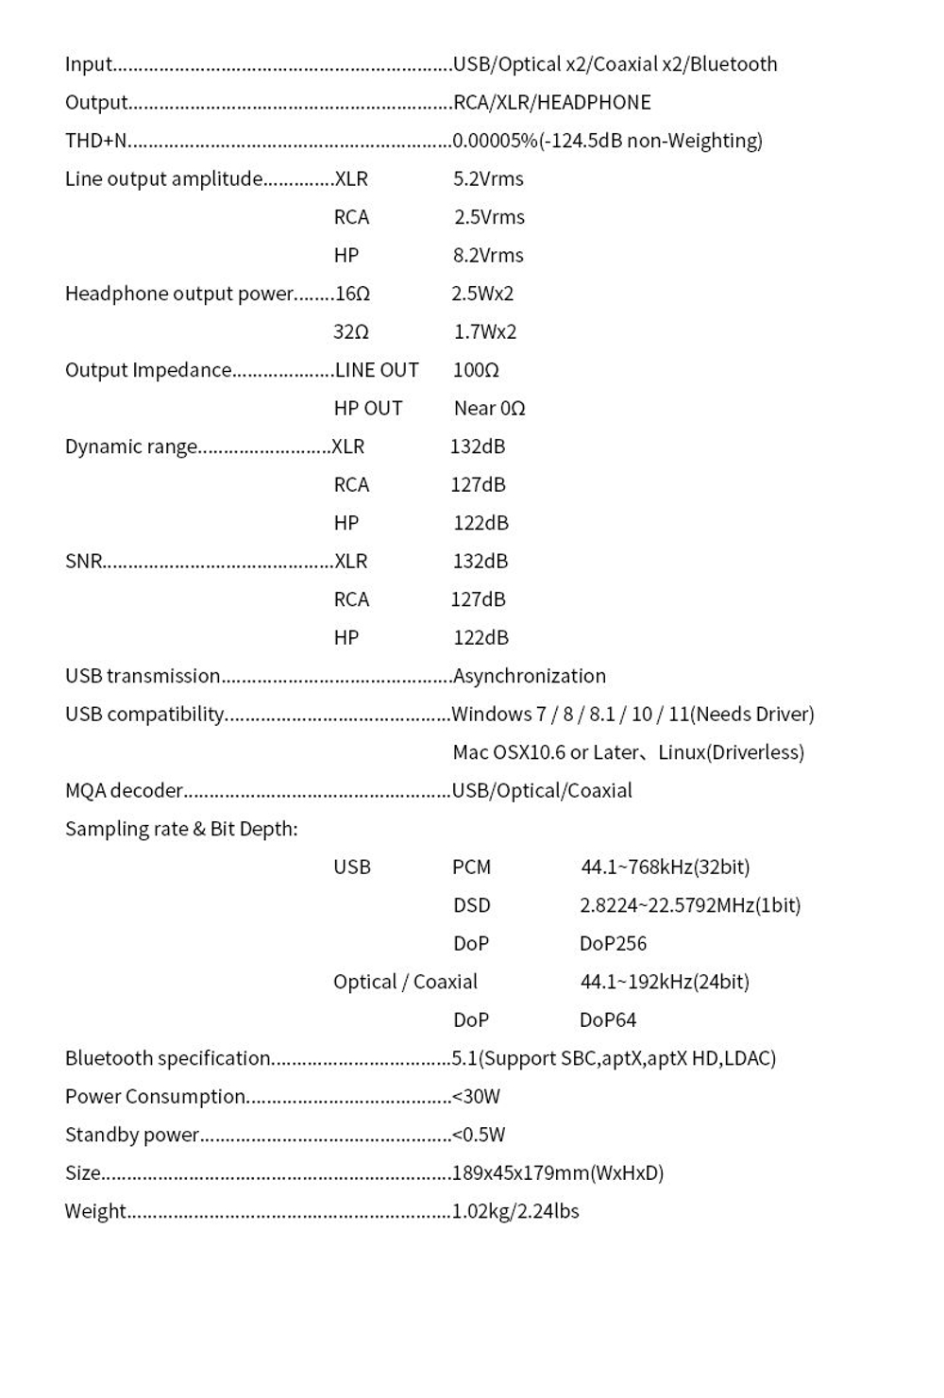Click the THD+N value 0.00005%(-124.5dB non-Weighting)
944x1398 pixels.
coord(607,141)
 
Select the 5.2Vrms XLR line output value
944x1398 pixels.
coord(488,179)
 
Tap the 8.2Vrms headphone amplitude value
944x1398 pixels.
coord(488,256)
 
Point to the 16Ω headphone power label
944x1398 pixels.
coord(352,295)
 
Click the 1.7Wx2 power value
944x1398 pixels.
coord(485,332)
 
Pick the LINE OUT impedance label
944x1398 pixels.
coord(377,371)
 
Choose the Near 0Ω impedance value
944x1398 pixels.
coord(489,409)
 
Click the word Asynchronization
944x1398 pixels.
coord(530,676)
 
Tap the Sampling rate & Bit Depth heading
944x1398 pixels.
coord(181,829)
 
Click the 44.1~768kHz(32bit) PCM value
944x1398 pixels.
coord(665,867)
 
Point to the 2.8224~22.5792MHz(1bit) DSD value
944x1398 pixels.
coord(690,905)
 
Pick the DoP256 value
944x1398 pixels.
coord(613,944)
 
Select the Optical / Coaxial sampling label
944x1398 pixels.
coord(405,982)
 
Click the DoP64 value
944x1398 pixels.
coord(608,1020)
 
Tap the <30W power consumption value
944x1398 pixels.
coord(476,1097)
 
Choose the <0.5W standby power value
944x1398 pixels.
coord(479,1135)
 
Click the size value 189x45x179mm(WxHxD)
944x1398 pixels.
coord(558,1173)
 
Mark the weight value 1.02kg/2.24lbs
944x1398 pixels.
coord(515,1211)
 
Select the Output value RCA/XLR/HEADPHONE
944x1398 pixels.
coord(552,102)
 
